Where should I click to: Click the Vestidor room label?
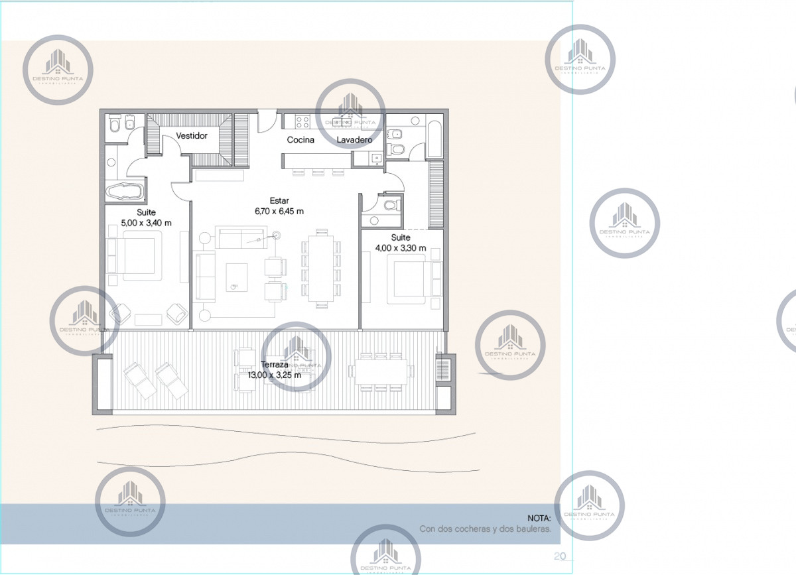[192, 136]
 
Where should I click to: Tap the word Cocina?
[300, 140]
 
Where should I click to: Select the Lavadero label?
[354, 140]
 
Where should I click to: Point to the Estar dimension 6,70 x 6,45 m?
[279, 212]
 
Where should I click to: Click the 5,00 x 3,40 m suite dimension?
[146, 223]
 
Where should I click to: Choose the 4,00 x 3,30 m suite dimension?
[401, 249]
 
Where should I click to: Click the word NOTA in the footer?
[539, 517]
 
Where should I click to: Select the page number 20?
[559, 555]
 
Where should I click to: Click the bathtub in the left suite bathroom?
[124, 192]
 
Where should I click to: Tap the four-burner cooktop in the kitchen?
[302, 121]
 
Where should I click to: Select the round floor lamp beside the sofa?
[276, 234]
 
